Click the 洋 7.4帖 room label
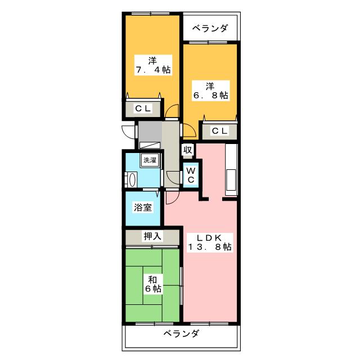pyautogui.click(x=153, y=65)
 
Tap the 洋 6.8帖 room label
pyautogui.click(x=210, y=91)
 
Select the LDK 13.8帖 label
pyautogui.click(x=210, y=242)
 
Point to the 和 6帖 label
pyautogui.click(x=153, y=284)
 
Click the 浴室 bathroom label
pyautogui.click(x=143, y=208)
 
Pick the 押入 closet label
pyautogui.click(x=152, y=236)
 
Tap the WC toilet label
pyautogui.click(x=191, y=175)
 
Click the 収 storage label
pyautogui.click(x=188, y=150)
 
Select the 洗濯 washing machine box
pyautogui.click(x=150, y=160)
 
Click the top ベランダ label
pyautogui.click(x=210, y=28)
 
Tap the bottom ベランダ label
pyautogui.click(x=181, y=334)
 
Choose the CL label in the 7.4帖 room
pyautogui.click(x=143, y=109)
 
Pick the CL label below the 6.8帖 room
pyautogui.click(x=220, y=131)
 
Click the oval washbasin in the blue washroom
pyautogui.click(x=133, y=180)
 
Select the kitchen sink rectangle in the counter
pyautogui.click(x=231, y=180)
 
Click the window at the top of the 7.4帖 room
pyautogui.click(x=150, y=13)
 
